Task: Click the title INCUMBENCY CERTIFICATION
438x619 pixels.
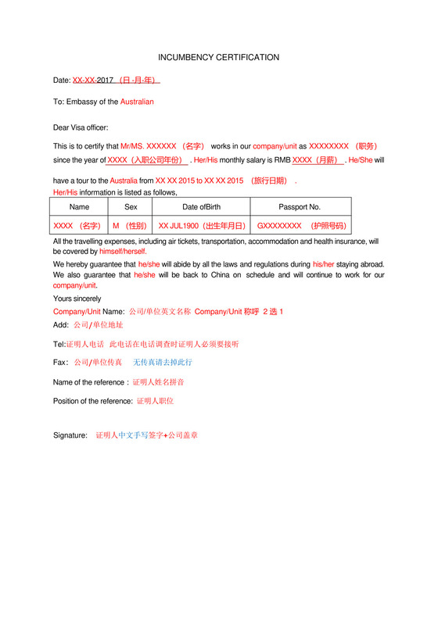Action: pyautogui.click(x=218, y=58)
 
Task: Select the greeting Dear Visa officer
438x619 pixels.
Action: pyautogui.click(x=81, y=127)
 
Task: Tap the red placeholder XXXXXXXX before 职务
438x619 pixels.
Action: pyautogui.click(x=328, y=146)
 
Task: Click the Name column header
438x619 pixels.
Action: pyautogui.click(x=79, y=207)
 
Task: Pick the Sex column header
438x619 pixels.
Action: pyautogui.click(x=131, y=207)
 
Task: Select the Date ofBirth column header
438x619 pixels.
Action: pyautogui.click(x=201, y=207)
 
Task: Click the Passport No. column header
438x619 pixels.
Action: pyautogui.click(x=300, y=207)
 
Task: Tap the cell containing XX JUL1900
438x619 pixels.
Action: pyautogui.click(x=202, y=226)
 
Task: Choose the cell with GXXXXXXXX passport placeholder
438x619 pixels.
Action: pyautogui.click(x=300, y=226)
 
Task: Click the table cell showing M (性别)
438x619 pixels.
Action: pyautogui.click(x=131, y=226)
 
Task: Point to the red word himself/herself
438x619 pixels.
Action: pyautogui.click(x=123, y=252)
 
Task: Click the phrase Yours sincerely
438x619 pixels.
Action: pyautogui.click(x=77, y=299)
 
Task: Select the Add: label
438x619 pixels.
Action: pyautogui.click(x=61, y=324)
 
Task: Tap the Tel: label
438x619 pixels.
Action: pyautogui.click(x=59, y=344)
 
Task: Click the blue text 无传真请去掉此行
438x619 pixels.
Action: pyautogui.click(x=162, y=363)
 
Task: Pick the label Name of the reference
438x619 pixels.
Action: pyautogui.click(x=89, y=382)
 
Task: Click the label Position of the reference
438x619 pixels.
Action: pyautogui.click(x=92, y=401)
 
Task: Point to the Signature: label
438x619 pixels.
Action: pyautogui.click(x=70, y=435)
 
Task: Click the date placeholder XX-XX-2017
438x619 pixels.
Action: pyautogui.click(x=93, y=80)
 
